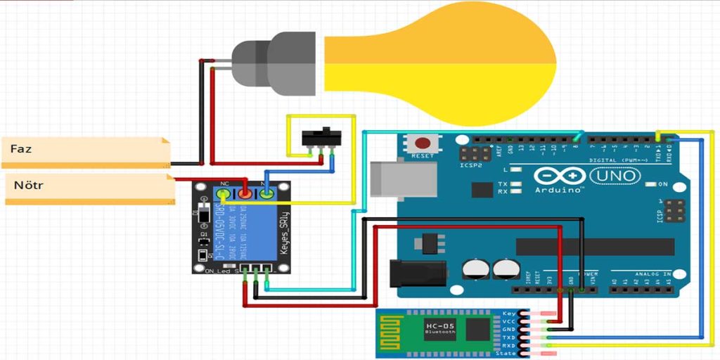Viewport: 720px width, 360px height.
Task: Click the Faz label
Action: tap(21, 149)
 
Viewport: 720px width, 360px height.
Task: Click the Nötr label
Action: tap(28, 187)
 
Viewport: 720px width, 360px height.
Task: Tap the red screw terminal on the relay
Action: tap(244, 193)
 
